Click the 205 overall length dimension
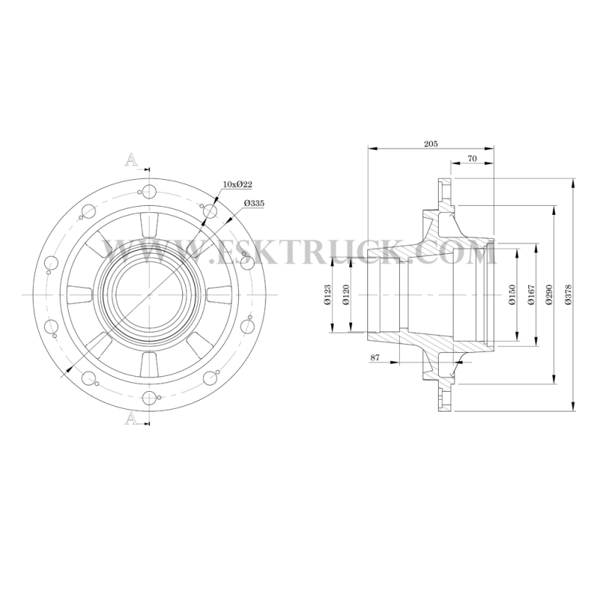[x=431, y=143]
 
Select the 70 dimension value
[x=472, y=158]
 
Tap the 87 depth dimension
[x=375, y=357]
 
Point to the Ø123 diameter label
[x=328, y=295]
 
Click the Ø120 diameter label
[x=346, y=295]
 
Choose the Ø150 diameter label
[x=512, y=294]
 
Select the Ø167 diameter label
[x=531, y=294]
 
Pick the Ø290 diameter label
[x=548, y=294]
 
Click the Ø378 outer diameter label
[x=569, y=294]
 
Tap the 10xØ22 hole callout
[x=237, y=184]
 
